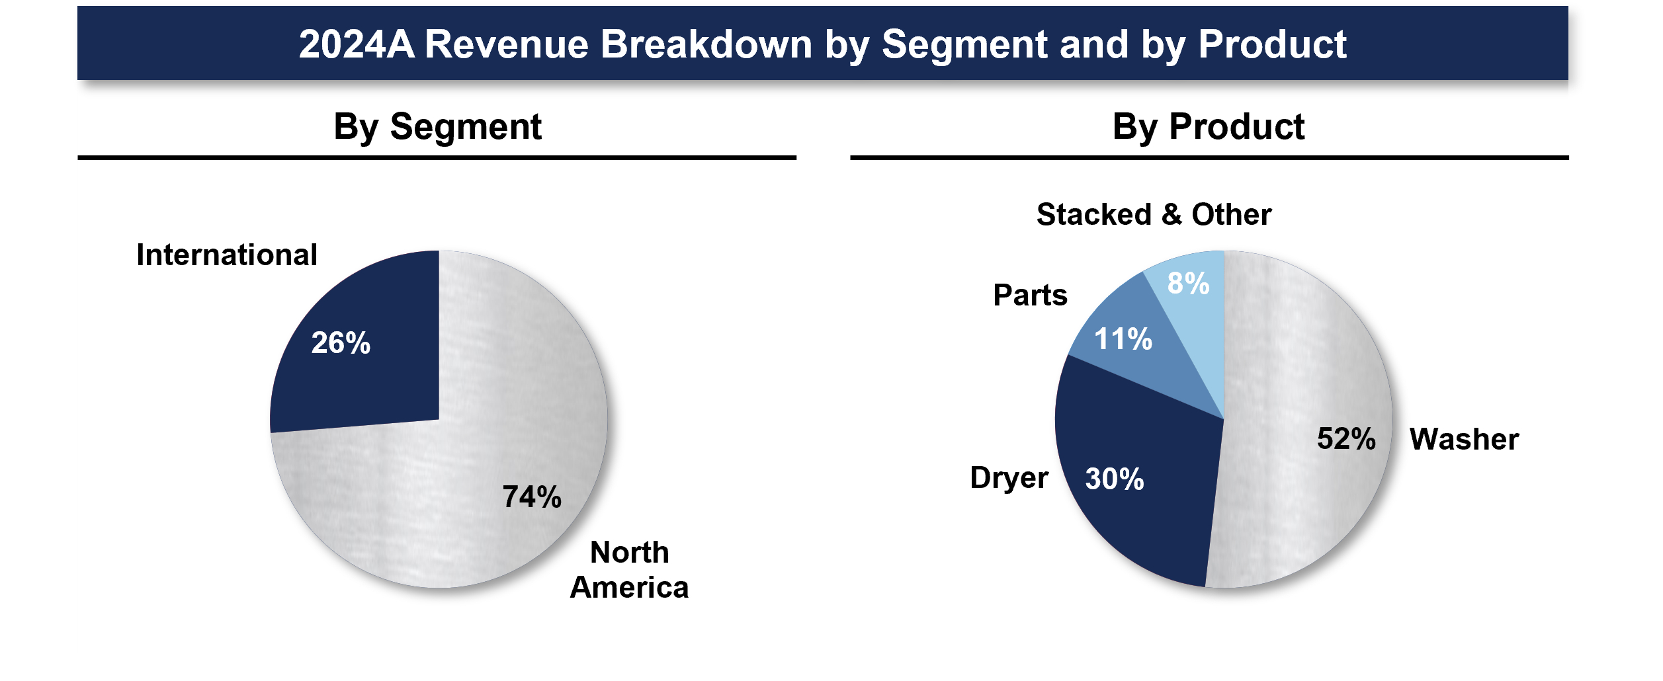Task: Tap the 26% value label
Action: [341, 342]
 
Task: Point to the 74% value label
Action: [532, 497]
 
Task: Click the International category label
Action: [227, 255]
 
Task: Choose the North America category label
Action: [629, 569]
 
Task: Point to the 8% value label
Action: [1188, 283]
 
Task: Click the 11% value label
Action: [1123, 339]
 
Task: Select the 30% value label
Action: [1115, 479]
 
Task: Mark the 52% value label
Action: [1346, 438]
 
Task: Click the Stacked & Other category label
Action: [1154, 214]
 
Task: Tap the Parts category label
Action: [1030, 295]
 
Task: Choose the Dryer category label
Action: [1009, 477]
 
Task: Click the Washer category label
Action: [1464, 439]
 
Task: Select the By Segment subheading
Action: [437, 126]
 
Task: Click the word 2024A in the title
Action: [357, 44]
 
